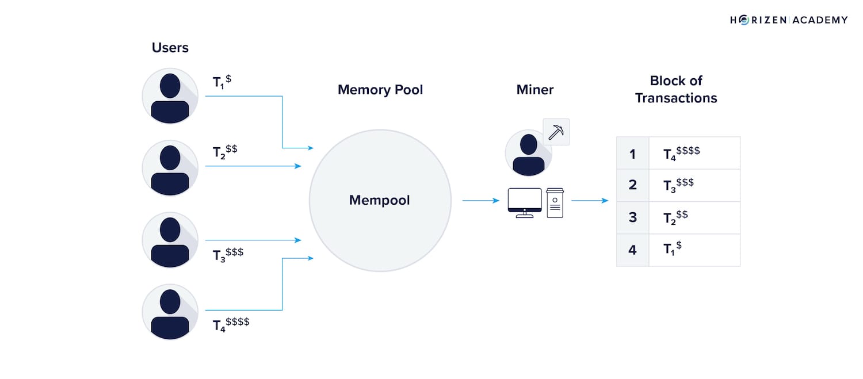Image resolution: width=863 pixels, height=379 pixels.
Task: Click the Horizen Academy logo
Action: point(789,20)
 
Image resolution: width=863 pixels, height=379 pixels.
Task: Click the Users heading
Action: point(170,48)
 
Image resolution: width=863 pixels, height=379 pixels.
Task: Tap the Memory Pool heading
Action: point(380,90)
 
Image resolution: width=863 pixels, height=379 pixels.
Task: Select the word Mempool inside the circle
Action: point(380,200)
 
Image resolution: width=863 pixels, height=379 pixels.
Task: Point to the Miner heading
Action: point(535,90)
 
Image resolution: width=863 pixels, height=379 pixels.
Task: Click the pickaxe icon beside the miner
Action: point(556,132)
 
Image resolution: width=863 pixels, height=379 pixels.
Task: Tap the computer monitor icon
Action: point(524,202)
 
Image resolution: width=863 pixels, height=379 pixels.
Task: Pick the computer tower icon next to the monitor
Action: point(555,202)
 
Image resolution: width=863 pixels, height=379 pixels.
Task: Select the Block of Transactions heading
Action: point(676,89)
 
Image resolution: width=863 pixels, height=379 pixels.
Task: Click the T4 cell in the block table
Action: point(694,153)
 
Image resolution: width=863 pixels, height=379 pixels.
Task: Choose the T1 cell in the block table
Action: point(694,250)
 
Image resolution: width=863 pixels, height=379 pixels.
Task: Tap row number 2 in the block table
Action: point(632,185)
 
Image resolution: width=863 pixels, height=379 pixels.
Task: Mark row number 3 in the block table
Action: point(632,217)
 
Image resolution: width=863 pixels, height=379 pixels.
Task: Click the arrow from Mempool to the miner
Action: point(480,201)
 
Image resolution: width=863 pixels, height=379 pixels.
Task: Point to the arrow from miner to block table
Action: point(590,201)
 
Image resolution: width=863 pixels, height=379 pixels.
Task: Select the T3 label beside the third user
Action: point(228,254)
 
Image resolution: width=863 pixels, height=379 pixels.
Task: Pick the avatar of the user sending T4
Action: point(170,312)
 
